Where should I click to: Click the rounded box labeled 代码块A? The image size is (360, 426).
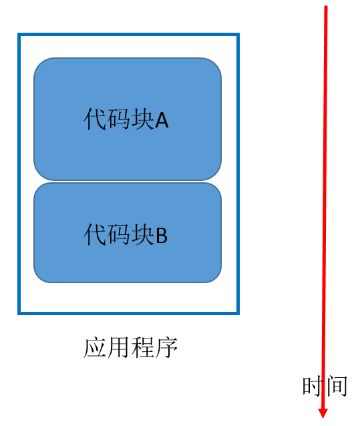pos(128,119)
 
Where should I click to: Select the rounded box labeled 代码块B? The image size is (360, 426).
pos(128,233)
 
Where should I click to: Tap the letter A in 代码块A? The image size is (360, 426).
pos(162,121)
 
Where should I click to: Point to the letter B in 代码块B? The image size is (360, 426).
pos(162,236)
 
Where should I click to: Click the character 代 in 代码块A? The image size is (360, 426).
pos(95,119)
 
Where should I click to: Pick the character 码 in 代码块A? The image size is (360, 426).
pos(119,119)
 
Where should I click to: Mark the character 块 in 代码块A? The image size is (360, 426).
pos(143,119)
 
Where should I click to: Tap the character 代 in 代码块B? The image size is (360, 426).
pos(95,234)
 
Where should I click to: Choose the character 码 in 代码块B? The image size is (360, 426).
pos(119,234)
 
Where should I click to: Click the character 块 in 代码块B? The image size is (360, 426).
pos(143,234)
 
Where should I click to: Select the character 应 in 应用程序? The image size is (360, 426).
pos(95,347)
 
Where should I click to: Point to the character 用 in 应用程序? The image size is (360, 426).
pos(118,347)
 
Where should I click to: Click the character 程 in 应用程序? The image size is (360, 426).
pos(142,347)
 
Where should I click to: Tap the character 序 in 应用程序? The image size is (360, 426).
pos(166,347)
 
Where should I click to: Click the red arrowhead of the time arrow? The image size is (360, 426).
pos(323,413)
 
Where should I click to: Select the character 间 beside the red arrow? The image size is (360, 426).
pos(337,386)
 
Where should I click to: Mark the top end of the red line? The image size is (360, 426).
pos(326,6)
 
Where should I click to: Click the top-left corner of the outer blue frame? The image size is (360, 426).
pos(19,34)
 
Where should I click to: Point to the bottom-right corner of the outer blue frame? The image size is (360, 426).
pos(238,314)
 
